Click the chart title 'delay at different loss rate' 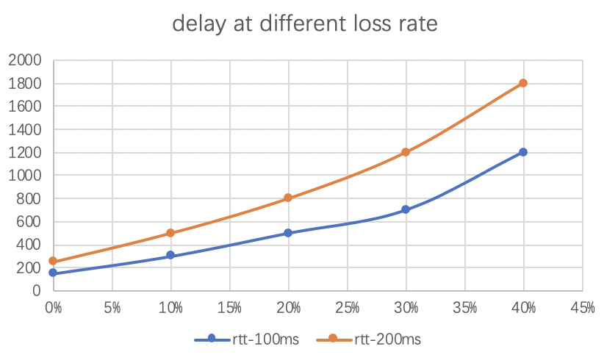pos(304,24)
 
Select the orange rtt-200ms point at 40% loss pos(523,83)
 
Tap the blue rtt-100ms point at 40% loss pos(523,152)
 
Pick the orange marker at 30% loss pos(406,152)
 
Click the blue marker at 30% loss pos(406,210)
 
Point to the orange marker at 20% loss pos(288,198)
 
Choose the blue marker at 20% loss pos(288,233)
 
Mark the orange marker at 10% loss pos(170,233)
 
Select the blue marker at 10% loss pos(170,256)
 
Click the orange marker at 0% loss pos(53,262)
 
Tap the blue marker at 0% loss pos(53,273)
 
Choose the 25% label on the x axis pos(347,307)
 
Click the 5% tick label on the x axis pos(112,307)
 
